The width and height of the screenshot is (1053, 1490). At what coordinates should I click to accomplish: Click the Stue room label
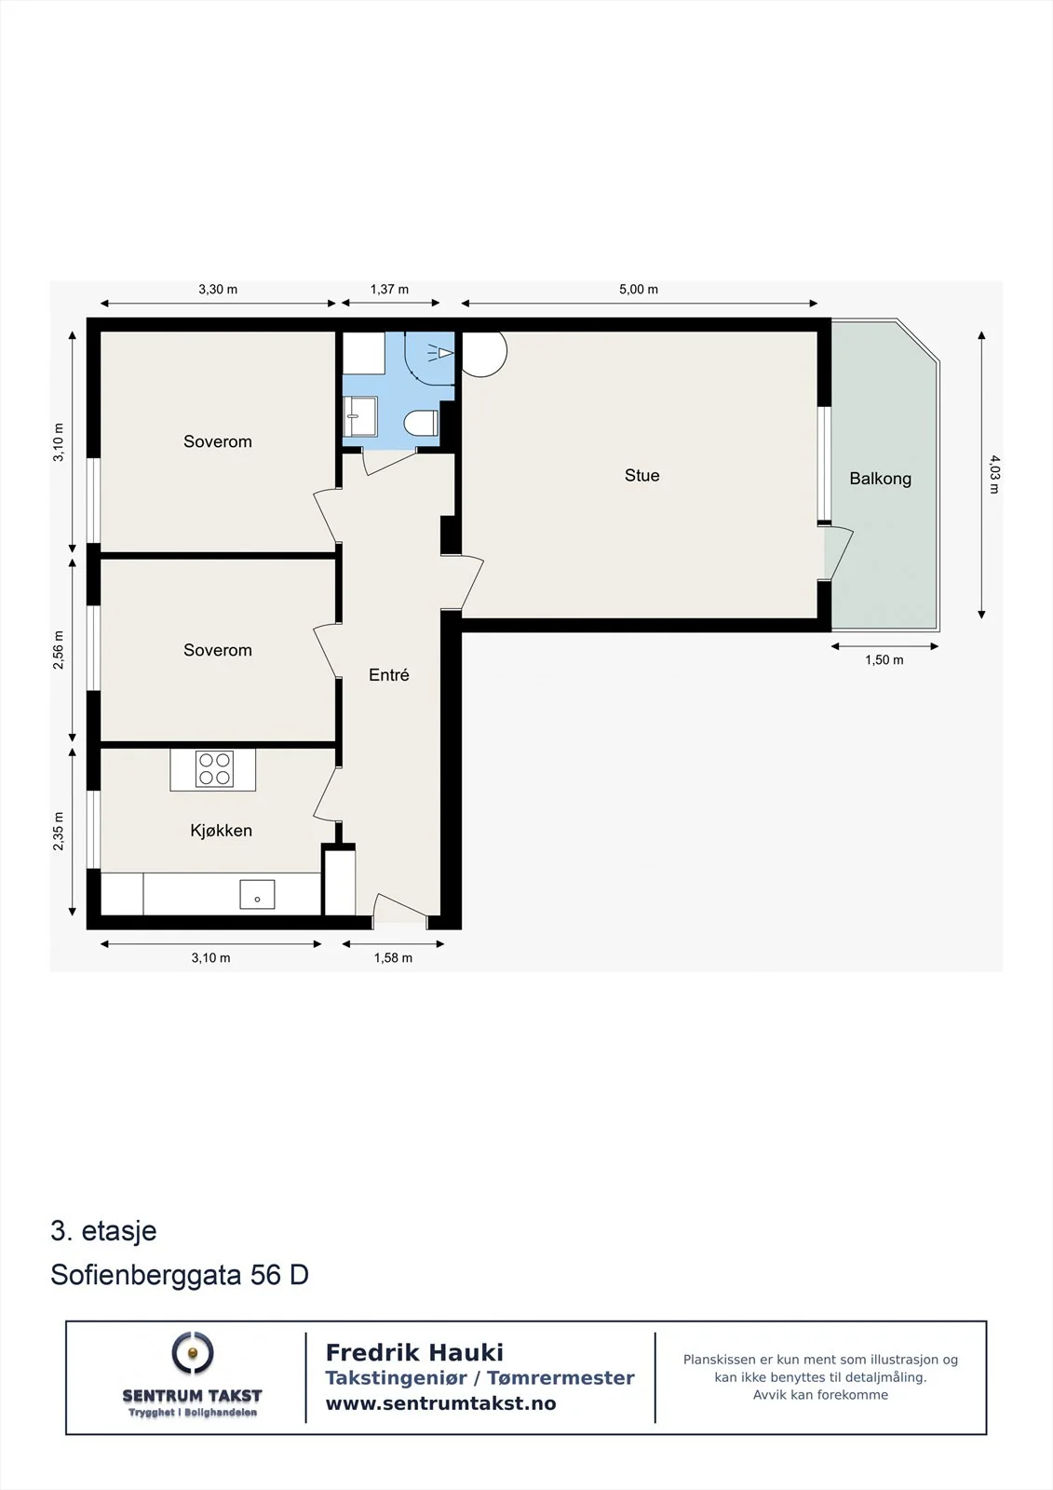click(641, 476)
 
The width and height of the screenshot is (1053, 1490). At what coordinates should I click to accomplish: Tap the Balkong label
click(880, 479)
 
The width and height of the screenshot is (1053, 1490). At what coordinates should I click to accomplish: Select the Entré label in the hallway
click(389, 675)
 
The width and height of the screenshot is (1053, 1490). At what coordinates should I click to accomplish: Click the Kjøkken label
click(221, 831)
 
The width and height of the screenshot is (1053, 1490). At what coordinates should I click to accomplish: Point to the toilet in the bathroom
click(421, 423)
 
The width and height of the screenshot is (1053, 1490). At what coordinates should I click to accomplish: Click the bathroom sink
click(360, 416)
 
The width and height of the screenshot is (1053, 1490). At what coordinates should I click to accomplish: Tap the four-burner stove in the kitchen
click(214, 769)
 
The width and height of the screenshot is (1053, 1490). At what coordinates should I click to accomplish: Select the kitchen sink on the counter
click(257, 895)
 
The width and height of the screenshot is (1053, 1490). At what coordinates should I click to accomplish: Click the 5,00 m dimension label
click(639, 290)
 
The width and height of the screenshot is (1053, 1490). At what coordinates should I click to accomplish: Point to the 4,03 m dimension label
click(993, 474)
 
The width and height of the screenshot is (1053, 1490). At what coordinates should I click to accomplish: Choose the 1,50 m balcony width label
click(884, 660)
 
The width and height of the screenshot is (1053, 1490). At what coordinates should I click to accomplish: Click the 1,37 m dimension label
click(389, 290)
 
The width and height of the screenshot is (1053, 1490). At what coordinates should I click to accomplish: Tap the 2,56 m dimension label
click(59, 650)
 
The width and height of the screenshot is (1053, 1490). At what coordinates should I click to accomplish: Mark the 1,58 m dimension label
click(393, 958)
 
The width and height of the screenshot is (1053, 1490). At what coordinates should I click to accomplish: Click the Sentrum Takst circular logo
click(193, 1353)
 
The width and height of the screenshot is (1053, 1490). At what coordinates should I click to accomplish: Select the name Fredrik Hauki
click(414, 1352)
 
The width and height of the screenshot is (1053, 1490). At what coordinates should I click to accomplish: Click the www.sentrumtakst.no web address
click(440, 1403)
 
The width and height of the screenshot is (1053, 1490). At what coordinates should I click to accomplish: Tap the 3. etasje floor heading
click(103, 1231)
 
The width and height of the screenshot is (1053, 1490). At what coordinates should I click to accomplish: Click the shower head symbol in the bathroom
click(441, 352)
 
